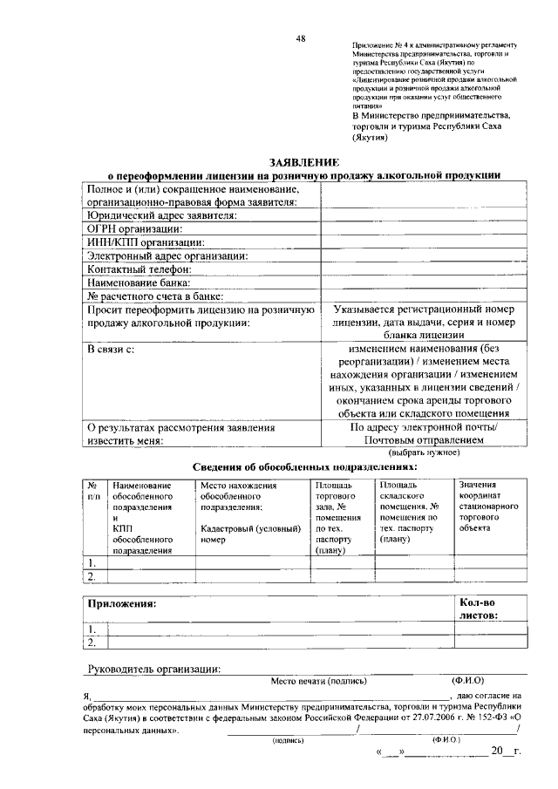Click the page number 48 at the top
[300, 37]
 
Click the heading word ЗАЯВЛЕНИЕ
[303, 162]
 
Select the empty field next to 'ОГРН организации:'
[424, 228]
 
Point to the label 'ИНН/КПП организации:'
[146, 241]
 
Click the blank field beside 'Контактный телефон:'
[424, 269]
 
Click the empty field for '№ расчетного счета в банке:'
[424, 296]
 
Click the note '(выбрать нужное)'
[424, 453]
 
